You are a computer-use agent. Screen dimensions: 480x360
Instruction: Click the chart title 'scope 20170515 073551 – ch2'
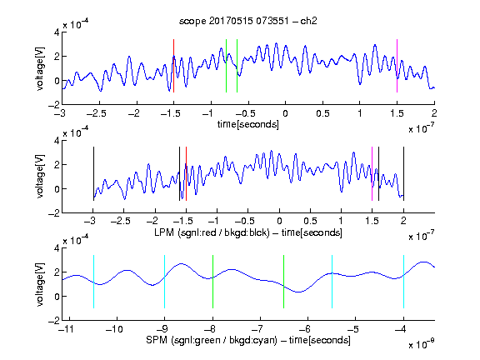(248, 21)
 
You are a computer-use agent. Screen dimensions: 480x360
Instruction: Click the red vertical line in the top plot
(173, 66)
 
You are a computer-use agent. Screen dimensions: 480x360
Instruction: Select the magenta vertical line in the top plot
(397, 66)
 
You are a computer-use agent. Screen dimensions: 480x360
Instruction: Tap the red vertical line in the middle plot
(186, 174)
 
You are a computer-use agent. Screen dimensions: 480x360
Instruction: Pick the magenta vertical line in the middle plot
(372, 174)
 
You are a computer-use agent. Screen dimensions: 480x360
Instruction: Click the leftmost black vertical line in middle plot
(93, 174)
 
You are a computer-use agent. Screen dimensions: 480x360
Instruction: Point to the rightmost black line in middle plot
(403, 174)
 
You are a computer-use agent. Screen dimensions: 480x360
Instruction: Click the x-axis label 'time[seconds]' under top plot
(248, 124)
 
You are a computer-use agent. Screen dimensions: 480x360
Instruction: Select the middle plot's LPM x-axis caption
(248, 232)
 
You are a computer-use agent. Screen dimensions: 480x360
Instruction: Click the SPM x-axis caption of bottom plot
(248, 340)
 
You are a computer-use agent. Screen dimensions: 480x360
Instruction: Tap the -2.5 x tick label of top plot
(97, 113)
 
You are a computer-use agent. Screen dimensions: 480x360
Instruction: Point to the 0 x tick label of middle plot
(279, 221)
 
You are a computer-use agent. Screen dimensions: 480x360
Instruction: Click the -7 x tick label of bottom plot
(257, 329)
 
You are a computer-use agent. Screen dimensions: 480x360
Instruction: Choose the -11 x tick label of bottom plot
(67, 329)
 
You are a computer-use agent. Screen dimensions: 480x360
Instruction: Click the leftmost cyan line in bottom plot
(93, 282)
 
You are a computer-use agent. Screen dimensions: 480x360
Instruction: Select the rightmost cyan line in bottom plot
(403, 282)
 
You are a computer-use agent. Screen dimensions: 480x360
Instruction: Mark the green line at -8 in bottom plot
(212, 282)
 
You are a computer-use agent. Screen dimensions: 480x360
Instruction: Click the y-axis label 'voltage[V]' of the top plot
(40, 69)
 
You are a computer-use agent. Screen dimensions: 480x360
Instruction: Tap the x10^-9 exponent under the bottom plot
(421, 344)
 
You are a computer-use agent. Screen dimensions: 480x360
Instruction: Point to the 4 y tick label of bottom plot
(57, 248)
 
